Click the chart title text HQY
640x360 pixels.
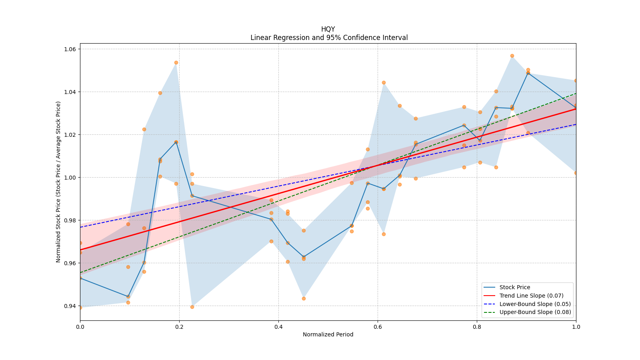pyautogui.click(x=328, y=29)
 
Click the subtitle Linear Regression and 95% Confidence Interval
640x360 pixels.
pyautogui.click(x=329, y=38)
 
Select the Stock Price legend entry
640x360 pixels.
pyautogui.click(x=514, y=287)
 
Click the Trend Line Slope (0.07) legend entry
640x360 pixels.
pyautogui.click(x=531, y=296)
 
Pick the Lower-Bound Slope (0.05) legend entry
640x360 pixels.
pyautogui.click(x=535, y=304)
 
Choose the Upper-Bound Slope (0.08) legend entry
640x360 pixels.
pyautogui.click(x=535, y=312)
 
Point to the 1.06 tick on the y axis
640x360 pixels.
pyautogui.click(x=70, y=49)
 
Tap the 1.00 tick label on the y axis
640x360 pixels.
pyautogui.click(x=70, y=178)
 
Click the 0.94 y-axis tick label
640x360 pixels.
pyautogui.click(x=70, y=306)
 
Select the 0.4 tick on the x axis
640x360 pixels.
pyautogui.click(x=278, y=327)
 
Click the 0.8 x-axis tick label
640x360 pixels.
pyautogui.click(x=477, y=327)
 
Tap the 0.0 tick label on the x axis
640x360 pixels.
pyautogui.click(x=80, y=327)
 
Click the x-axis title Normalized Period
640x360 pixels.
pyautogui.click(x=328, y=334)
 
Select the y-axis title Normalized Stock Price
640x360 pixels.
pyautogui.click(x=58, y=182)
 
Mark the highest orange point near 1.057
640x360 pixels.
pyautogui.click(x=512, y=56)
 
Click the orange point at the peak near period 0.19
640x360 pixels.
pyautogui.click(x=176, y=62)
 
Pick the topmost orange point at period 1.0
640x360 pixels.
pyautogui.click(x=576, y=80)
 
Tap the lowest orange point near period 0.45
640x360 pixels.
pyautogui.click(x=304, y=298)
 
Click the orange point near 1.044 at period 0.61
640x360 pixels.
pyautogui.click(x=384, y=82)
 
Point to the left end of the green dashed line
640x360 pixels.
pyautogui.click(x=80, y=273)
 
